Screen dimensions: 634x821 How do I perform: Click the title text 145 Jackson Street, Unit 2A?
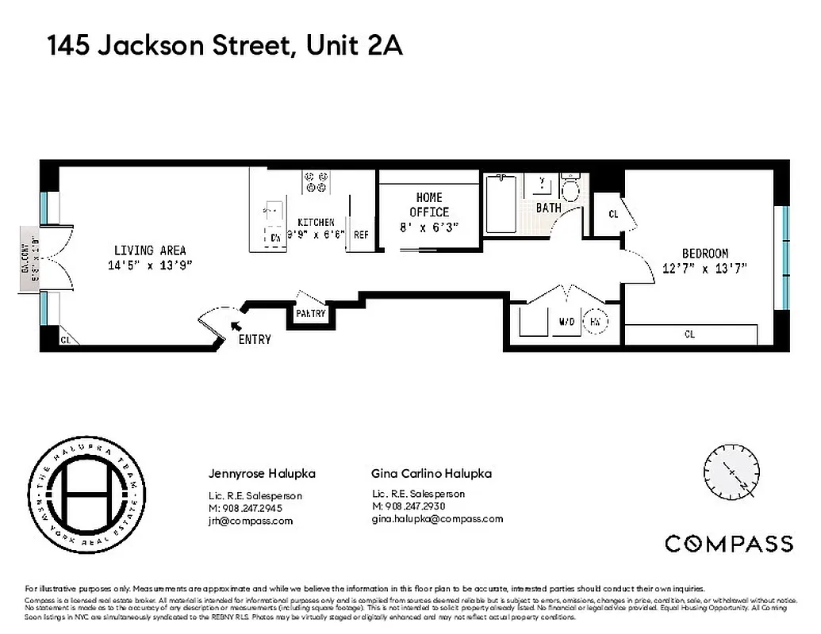[x=225, y=45]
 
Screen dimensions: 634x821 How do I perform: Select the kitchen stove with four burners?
[x=316, y=182]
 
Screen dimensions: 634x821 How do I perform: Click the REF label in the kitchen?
[x=361, y=235]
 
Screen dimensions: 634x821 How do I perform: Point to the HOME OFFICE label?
[x=429, y=204]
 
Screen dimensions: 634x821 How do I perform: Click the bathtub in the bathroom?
[x=501, y=204]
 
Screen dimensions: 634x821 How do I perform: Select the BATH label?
[x=548, y=208]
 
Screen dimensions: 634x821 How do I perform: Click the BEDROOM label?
[x=704, y=254]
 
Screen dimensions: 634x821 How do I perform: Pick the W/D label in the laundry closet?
[x=567, y=323]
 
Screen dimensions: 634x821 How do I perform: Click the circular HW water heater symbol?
[x=595, y=322]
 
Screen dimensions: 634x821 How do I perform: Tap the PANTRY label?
[x=311, y=313]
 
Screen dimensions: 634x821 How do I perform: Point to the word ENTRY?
[x=255, y=340]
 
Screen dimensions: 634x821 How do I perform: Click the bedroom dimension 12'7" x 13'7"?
[x=704, y=268]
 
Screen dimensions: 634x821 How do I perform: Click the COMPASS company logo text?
[x=728, y=544]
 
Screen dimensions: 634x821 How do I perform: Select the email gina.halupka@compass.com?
[x=437, y=519]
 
